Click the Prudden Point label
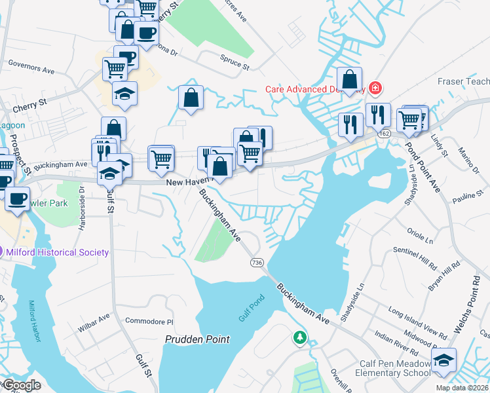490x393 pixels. pyautogui.click(x=197, y=339)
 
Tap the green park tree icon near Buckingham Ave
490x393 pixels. pyautogui.click(x=300, y=337)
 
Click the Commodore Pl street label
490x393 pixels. pyautogui.click(x=149, y=322)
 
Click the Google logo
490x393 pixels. pyautogui.click(x=21, y=385)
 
